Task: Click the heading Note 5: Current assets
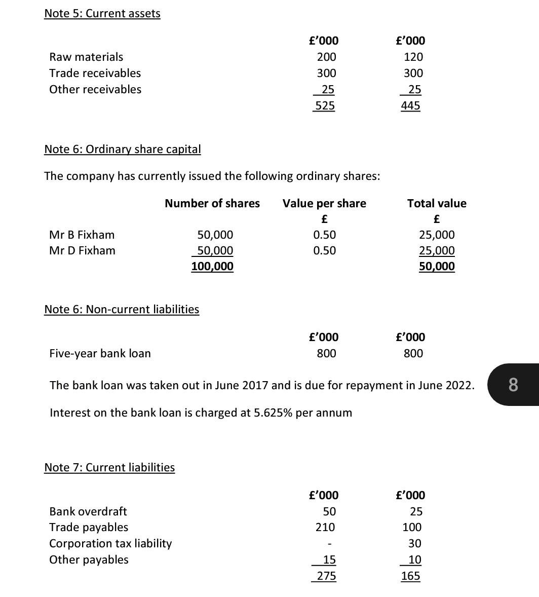[x=102, y=14]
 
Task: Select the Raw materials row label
[x=86, y=57]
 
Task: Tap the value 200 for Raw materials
[x=326, y=57]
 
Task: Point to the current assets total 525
[x=325, y=105]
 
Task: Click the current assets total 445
[x=410, y=105]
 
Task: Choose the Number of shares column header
[x=212, y=203]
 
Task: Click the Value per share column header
[x=324, y=203]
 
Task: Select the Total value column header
[x=437, y=203]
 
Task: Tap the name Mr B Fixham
[x=82, y=235]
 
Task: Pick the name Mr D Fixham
[x=82, y=250]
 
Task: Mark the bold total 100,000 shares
[x=212, y=266]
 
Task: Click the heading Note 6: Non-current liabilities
[x=122, y=309]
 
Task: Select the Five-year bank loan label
[x=100, y=353]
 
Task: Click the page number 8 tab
[x=513, y=385]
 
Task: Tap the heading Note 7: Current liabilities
[x=109, y=467]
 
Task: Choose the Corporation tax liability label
[x=110, y=543]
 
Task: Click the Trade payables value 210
[x=325, y=527]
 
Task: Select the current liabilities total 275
[x=326, y=576]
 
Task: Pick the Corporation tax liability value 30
[x=414, y=543]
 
